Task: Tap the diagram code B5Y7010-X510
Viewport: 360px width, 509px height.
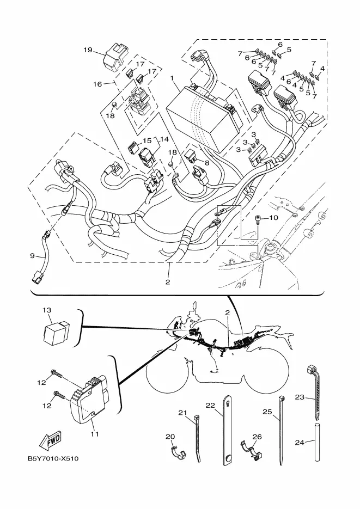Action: (53, 459)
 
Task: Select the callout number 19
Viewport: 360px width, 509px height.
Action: (88, 50)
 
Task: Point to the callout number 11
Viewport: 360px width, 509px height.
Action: (94, 434)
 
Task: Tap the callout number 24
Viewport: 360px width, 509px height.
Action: (300, 442)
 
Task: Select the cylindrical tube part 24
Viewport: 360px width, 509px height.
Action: (317, 441)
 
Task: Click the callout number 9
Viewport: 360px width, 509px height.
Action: (32, 256)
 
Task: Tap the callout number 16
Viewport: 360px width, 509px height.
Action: (97, 84)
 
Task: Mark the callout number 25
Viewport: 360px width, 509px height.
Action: (267, 412)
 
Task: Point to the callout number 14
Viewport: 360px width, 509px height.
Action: (164, 139)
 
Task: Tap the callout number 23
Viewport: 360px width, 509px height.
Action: (300, 397)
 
